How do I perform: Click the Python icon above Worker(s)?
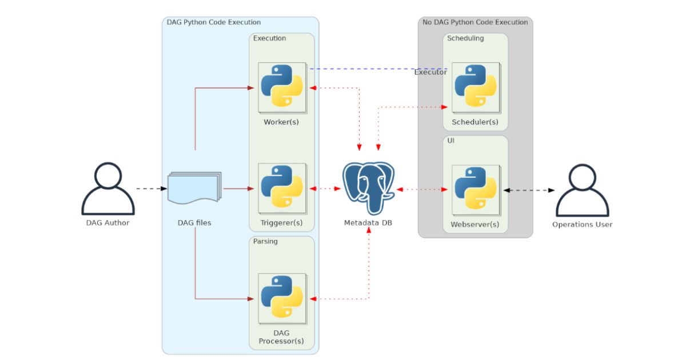281,86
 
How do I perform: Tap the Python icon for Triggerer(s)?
281,187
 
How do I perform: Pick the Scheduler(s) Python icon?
475,86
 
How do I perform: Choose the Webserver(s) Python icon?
475,189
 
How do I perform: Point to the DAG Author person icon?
108,188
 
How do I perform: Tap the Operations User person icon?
582,190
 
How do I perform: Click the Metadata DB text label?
368,222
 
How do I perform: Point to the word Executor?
430,72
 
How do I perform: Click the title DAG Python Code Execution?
213,22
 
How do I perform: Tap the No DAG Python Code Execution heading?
475,22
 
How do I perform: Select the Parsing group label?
265,241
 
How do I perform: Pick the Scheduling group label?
465,38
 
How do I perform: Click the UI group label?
451,140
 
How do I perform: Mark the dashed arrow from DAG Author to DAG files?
151,188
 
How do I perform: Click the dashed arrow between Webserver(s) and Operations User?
529,190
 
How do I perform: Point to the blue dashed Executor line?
366,69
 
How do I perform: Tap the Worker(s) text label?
281,122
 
